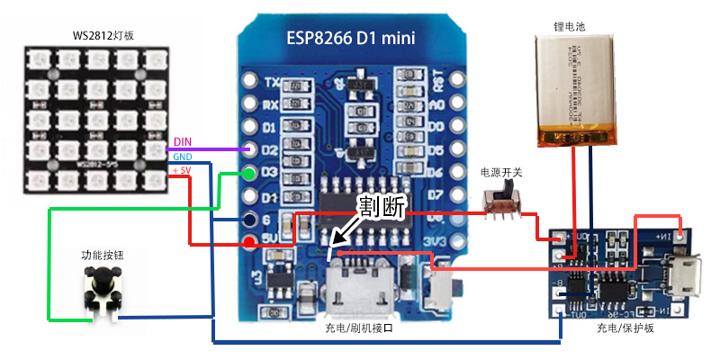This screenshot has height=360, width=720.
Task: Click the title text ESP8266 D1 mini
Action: pyautogui.click(x=351, y=39)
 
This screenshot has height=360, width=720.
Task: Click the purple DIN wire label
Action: pyautogui.click(x=182, y=141)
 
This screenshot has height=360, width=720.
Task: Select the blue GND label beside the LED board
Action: pyautogui.click(x=182, y=156)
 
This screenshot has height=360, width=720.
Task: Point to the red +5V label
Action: pyautogui.click(x=182, y=170)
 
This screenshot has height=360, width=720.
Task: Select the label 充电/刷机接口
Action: pyautogui.click(x=359, y=330)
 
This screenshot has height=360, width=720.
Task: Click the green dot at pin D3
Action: pyautogui.click(x=249, y=173)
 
